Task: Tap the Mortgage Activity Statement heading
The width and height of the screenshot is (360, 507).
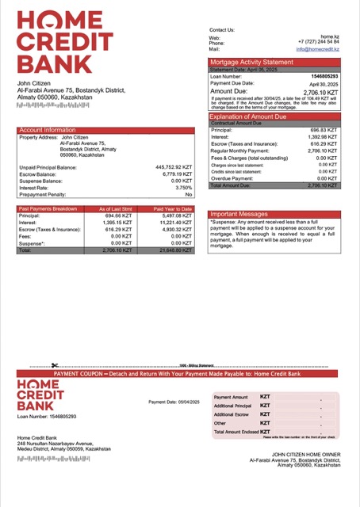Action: pyautogui.click(x=251, y=62)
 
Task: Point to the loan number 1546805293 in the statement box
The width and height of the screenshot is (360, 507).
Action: pyautogui.click(x=324, y=77)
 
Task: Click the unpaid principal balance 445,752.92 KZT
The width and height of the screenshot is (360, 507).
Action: pyautogui.click(x=174, y=167)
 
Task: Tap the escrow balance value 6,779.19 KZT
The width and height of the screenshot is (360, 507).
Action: pyautogui.click(x=175, y=174)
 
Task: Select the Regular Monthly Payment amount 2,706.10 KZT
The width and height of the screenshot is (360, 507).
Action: pyautogui.click(x=323, y=150)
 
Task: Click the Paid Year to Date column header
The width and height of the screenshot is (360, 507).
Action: pyautogui.click(x=173, y=209)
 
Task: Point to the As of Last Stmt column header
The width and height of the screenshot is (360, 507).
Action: pyautogui.click(x=115, y=209)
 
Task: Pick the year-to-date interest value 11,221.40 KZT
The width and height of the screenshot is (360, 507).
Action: pyautogui.click(x=172, y=223)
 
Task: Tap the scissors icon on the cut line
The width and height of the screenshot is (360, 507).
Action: pyautogui.click(x=55, y=366)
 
